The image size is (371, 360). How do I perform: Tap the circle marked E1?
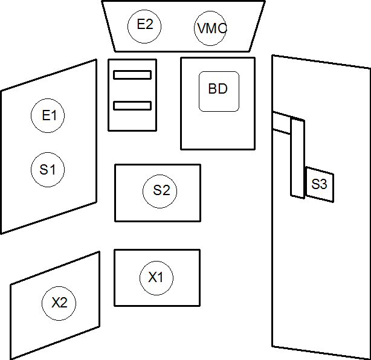coord(48,115)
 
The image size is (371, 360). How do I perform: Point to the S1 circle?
coord(48,169)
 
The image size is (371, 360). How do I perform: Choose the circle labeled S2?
coord(161,191)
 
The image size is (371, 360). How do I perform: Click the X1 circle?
coord(156,278)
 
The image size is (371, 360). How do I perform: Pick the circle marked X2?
coord(59,303)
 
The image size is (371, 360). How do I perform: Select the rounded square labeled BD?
coord(219,91)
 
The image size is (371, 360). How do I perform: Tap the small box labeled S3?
coord(319,184)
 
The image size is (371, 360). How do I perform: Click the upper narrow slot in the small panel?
coord(132,75)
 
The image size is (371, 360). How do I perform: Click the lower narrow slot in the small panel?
coord(132,106)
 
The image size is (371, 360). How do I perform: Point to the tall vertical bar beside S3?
coord(297,158)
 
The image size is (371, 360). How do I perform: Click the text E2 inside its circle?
coord(145,25)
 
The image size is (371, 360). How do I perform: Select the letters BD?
coord(218,89)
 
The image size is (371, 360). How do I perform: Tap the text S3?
coord(319,184)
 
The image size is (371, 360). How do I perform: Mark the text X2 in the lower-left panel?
coord(59,303)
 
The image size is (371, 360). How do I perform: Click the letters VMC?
coord(211,28)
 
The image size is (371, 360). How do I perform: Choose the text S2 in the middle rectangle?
coord(161,191)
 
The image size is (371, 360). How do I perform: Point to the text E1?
coord(48,115)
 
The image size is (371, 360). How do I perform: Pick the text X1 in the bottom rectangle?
coord(156,278)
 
